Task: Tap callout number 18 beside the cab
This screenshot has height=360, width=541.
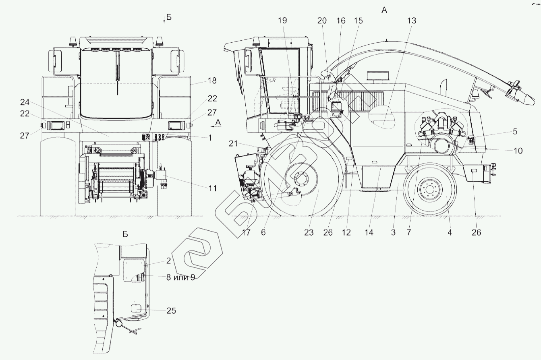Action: [x=212, y=81]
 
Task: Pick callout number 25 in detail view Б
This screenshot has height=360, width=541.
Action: [x=170, y=310]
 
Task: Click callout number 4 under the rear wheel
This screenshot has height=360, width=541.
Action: [x=450, y=232]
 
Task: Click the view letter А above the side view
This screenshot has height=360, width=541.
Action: [x=384, y=10]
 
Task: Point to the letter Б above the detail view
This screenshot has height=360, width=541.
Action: [x=125, y=234]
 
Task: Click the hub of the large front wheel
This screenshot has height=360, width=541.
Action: [x=301, y=180]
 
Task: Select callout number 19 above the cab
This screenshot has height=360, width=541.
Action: [x=282, y=21]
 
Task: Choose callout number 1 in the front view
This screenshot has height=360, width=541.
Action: [x=209, y=137]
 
